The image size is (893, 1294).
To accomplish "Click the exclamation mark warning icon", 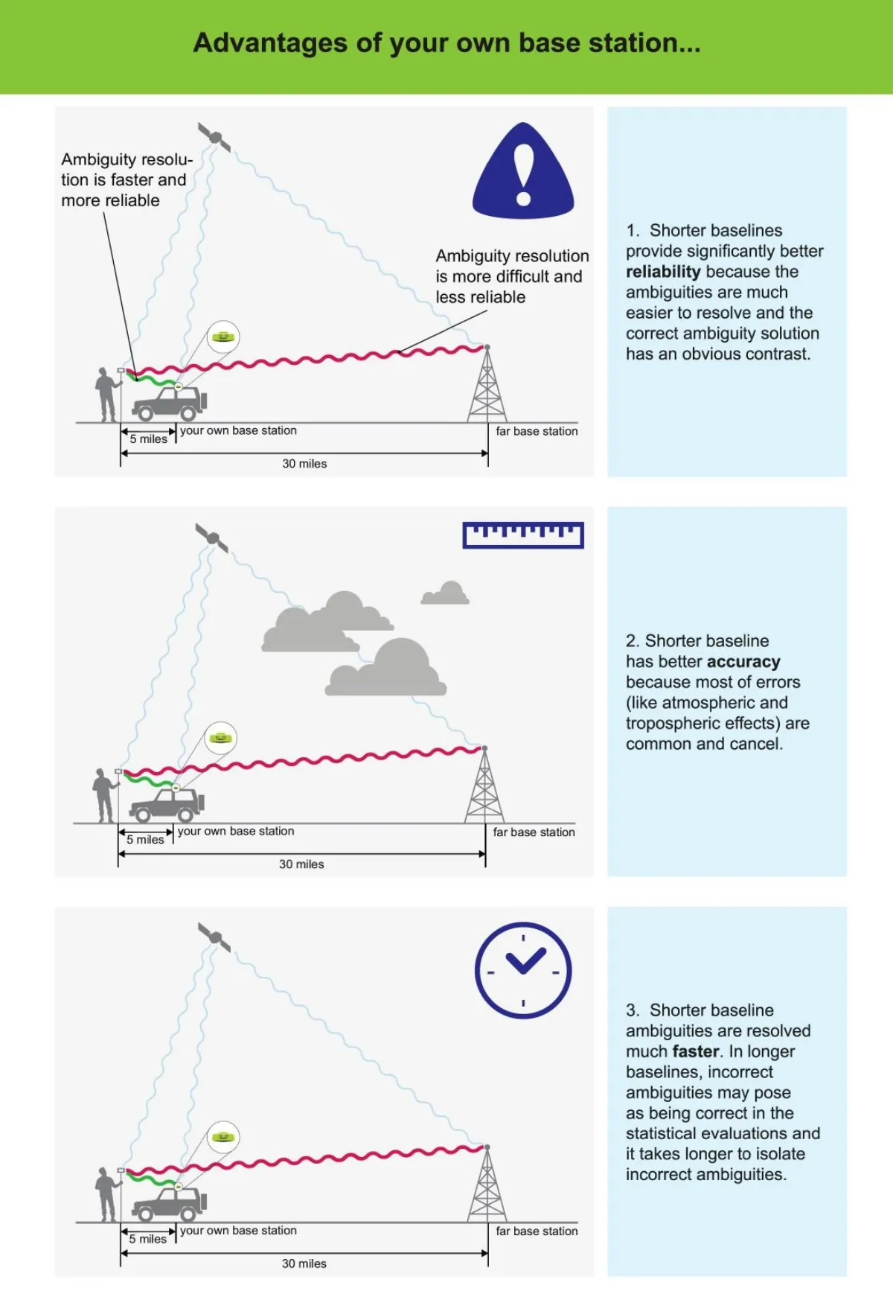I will (x=523, y=173).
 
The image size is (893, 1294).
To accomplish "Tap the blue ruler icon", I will (x=523, y=535).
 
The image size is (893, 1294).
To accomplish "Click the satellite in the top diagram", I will (x=214, y=138).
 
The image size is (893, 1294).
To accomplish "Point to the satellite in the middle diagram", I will (x=212, y=538).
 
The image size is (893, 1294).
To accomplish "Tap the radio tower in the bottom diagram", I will (x=487, y=1185).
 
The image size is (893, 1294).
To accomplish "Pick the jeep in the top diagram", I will (x=170, y=404).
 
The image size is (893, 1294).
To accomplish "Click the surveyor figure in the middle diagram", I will (x=104, y=795).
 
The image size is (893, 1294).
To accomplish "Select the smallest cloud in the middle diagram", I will (x=445, y=593).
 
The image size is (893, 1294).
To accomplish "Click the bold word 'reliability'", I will (x=663, y=272).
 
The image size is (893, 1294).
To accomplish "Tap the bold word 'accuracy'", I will (x=743, y=662).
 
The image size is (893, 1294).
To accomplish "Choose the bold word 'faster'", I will (x=696, y=1051).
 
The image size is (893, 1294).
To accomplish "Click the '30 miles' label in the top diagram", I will (x=304, y=464).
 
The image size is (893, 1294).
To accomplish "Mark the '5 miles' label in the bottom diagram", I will (x=147, y=1239).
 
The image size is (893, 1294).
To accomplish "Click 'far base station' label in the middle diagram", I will (x=534, y=832).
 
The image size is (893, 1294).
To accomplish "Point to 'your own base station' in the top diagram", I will (x=238, y=430).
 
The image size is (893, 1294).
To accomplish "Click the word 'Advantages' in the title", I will (x=269, y=43).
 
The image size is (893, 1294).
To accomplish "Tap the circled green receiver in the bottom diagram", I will (x=223, y=1137).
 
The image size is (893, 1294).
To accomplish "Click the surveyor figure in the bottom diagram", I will (x=107, y=1194).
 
